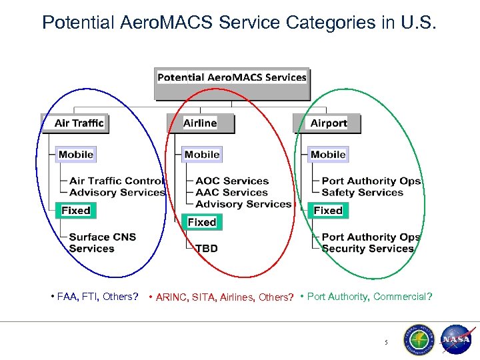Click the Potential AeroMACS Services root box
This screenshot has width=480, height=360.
(x=232, y=77)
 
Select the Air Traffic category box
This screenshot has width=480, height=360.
(x=79, y=123)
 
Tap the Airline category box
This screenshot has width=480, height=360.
(x=201, y=123)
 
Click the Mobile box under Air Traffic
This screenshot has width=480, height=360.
(x=75, y=155)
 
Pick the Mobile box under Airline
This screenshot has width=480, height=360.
(x=202, y=155)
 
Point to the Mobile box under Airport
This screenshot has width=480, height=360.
(x=328, y=155)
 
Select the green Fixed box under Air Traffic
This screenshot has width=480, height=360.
(x=75, y=211)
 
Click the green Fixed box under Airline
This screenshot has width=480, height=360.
(x=201, y=222)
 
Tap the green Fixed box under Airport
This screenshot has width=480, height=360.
(x=328, y=211)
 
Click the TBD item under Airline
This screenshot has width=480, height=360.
(x=206, y=249)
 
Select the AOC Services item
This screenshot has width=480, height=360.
(x=232, y=181)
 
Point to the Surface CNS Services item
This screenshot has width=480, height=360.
(x=102, y=243)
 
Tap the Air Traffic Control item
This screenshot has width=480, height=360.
(x=116, y=181)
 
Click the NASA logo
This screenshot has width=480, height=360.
(x=457, y=339)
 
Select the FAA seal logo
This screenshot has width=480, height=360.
(x=418, y=340)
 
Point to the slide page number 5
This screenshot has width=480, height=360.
(x=385, y=343)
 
